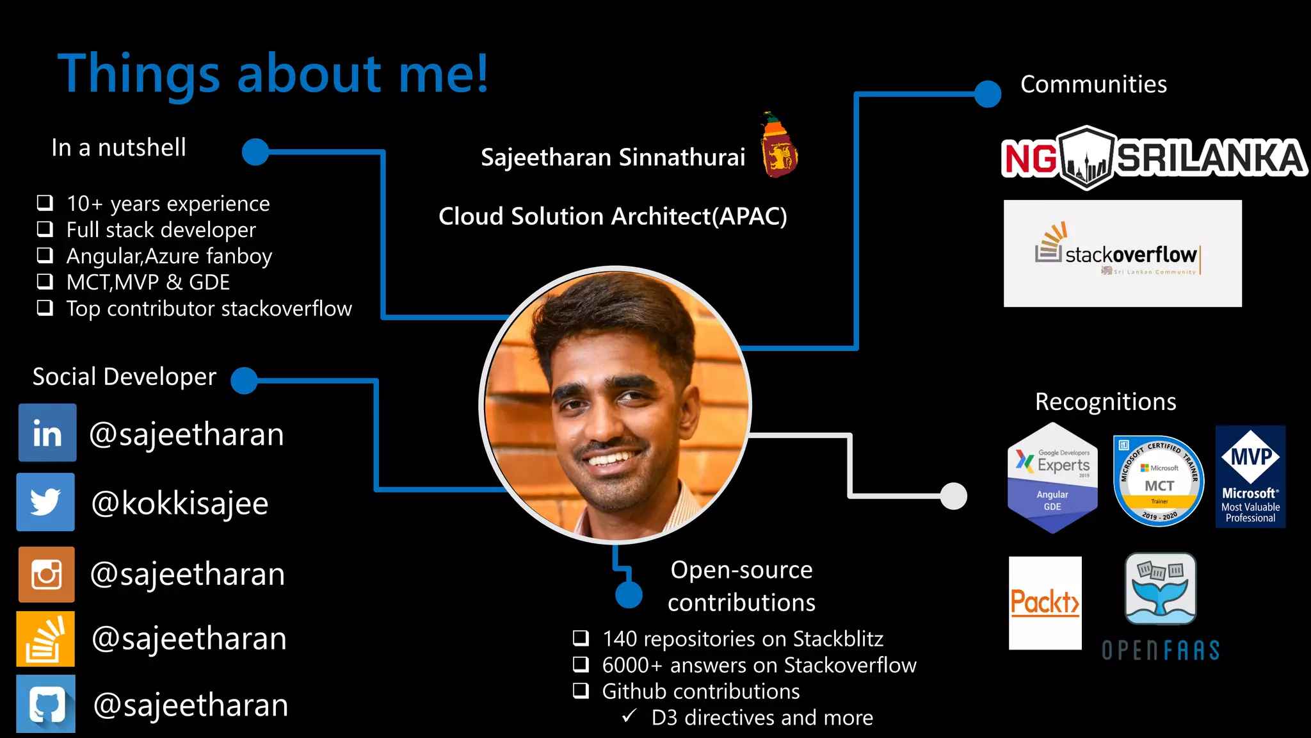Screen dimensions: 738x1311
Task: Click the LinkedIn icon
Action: tap(47, 433)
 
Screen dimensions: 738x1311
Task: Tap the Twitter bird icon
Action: tap(45, 502)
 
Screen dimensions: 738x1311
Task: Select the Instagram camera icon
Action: tap(47, 574)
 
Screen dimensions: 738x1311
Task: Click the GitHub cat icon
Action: tap(46, 703)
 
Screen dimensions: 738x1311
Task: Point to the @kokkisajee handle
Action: tap(180, 504)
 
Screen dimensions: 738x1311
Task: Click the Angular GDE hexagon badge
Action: tap(1052, 478)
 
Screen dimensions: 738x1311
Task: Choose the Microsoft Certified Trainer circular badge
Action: tap(1159, 481)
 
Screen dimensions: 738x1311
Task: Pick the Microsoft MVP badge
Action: tap(1250, 477)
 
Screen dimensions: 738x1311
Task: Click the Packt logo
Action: tap(1045, 603)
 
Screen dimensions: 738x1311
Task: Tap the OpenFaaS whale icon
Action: tap(1160, 589)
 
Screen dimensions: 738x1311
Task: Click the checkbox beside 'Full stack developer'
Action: tap(45, 229)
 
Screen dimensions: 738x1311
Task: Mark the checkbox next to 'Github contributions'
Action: tap(581, 691)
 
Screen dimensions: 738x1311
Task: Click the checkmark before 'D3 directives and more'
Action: tap(629, 716)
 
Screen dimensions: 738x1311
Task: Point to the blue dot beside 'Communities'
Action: tap(988, 94)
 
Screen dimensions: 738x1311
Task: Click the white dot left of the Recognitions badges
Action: tap(954, 496)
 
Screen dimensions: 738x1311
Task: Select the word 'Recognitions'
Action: tap(1106, 402)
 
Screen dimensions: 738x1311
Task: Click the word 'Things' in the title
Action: tap(139, 74)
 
